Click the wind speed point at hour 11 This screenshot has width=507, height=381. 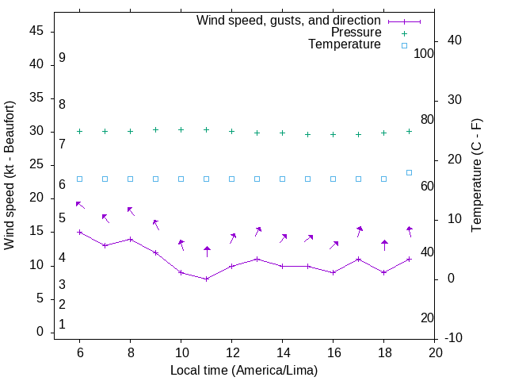(207, 279)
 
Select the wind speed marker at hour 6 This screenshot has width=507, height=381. (79, 232)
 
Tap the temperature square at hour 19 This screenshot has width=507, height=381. (410, 172)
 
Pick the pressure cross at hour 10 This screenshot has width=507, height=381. (181, 129)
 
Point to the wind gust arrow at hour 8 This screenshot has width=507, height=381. (131, 211)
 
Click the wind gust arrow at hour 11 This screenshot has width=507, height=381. (207, 252)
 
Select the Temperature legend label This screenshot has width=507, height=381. (345, 44)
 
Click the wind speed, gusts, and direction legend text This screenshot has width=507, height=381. (289, 20)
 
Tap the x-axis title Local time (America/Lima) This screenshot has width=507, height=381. (244, 370)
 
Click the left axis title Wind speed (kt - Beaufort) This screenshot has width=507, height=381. (10, 175)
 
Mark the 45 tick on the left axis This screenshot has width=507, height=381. (36, 31)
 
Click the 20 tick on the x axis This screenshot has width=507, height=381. (435, 352)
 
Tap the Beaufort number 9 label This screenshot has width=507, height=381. (62, 58)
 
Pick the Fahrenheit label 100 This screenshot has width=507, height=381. (424, 53)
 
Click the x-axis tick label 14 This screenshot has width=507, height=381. (283, 352)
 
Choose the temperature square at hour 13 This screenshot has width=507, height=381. (257, 179)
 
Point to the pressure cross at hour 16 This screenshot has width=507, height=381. (334, 134)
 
